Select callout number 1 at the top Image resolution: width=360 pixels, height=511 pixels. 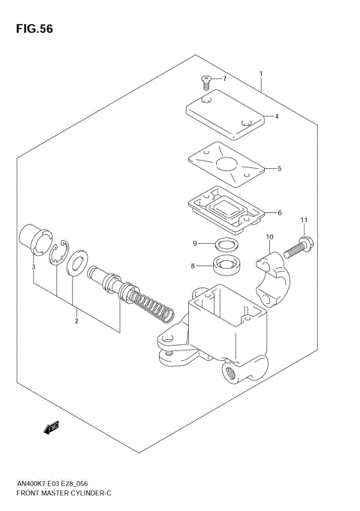(260, 74)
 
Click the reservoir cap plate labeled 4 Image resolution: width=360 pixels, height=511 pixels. (224, 114)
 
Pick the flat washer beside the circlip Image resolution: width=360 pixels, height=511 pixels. (75, 264)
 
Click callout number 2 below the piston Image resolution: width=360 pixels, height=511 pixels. (76, 322)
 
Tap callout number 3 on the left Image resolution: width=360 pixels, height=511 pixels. (33, 266)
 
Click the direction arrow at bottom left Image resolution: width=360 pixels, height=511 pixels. (52, 428)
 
